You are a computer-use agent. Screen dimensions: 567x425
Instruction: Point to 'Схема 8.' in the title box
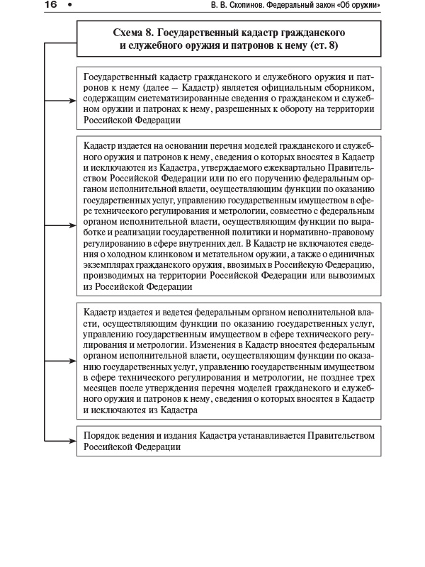point(134,33)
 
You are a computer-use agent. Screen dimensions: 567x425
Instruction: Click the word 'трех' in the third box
point(364,378)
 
